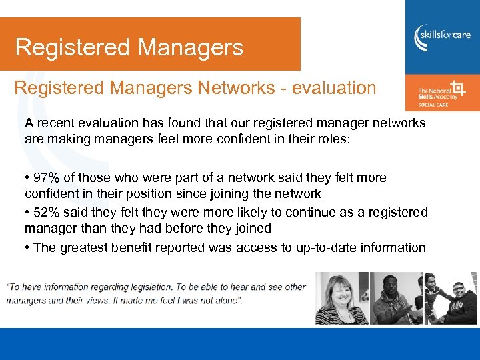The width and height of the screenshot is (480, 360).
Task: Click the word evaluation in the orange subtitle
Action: pyautogui.click(x=325, y=88)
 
